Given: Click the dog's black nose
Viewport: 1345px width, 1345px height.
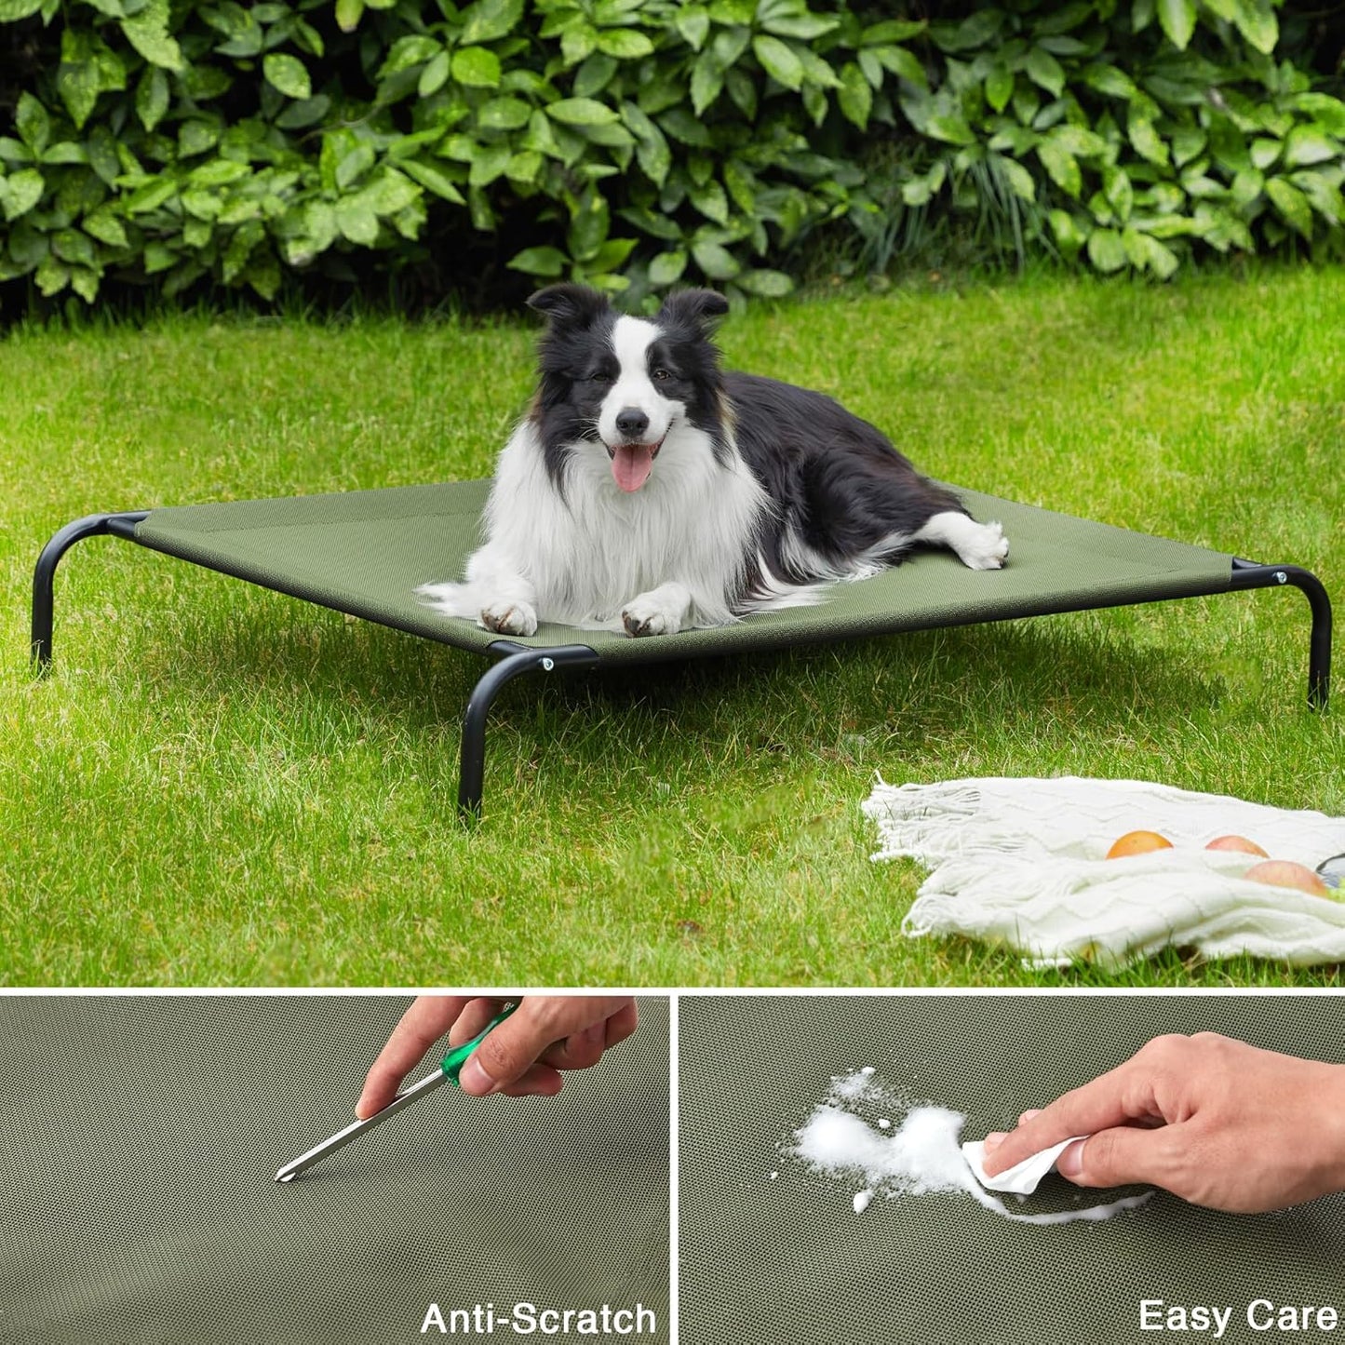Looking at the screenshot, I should click(632, 422).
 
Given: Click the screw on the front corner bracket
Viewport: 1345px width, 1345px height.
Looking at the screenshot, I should click(547, 663).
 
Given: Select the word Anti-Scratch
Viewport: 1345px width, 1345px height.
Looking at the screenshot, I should click(538, 1318).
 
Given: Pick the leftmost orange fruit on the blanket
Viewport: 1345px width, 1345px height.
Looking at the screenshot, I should click(1138, 844).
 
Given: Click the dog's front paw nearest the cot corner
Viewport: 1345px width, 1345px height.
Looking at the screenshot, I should click(507, 617).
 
